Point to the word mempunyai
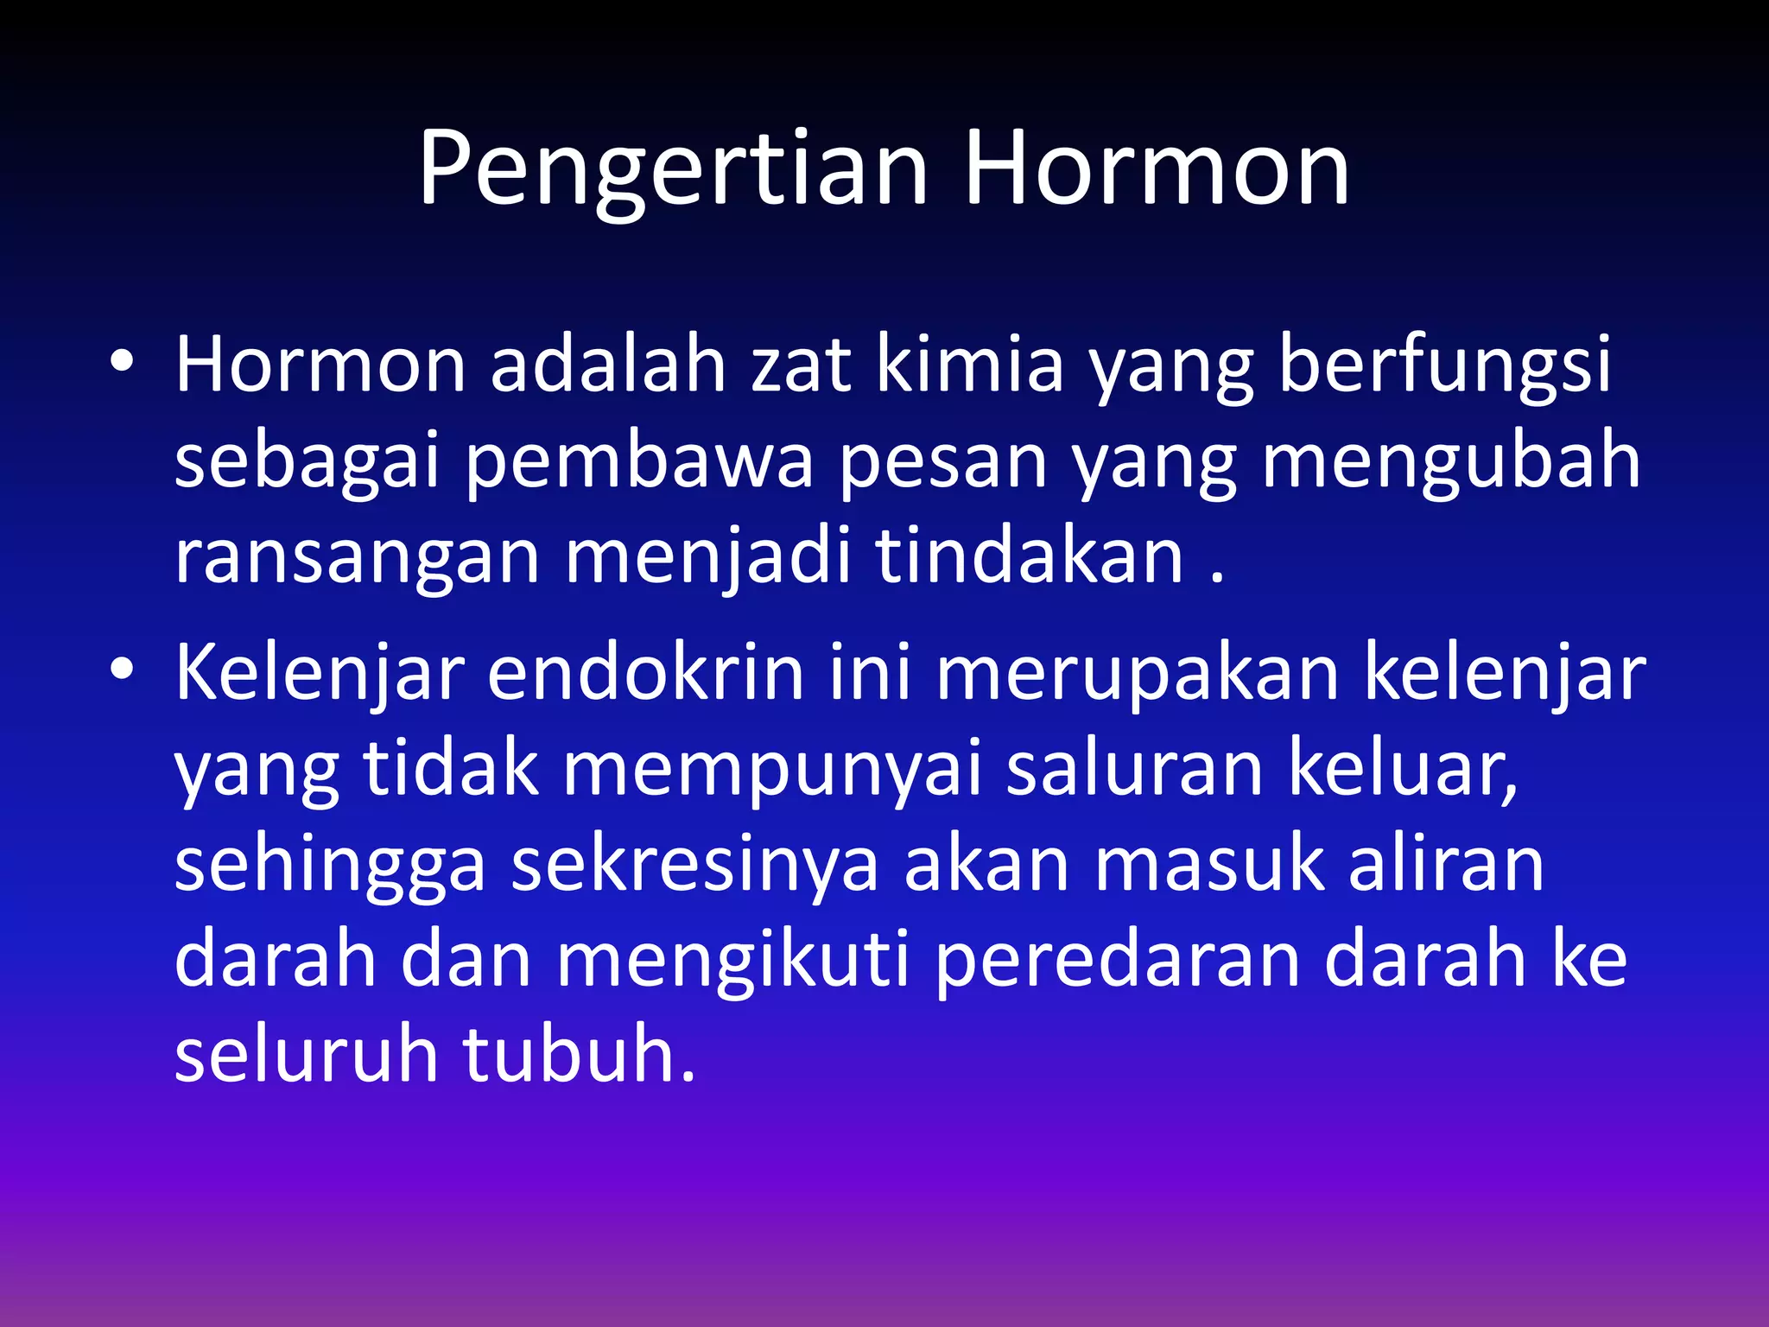(772, 771)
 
